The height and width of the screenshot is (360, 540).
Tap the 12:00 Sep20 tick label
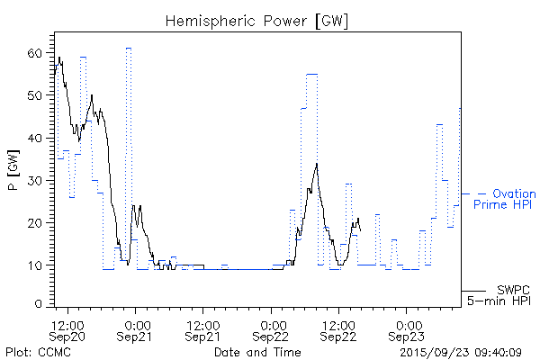pos(68,330)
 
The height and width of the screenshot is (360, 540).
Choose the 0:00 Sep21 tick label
pos(136,330)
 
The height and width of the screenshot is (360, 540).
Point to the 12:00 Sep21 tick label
pos(203,330)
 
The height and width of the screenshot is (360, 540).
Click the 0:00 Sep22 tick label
pos(271,330)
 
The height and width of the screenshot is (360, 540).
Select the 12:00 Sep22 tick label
pos(338,330)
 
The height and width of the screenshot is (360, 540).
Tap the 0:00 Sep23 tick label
pos(406,330)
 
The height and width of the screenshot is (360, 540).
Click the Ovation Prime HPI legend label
pos(505,200)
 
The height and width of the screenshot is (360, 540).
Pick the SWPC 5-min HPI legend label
pos(500,296)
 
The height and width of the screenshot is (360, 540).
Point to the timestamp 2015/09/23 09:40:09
pos(462,351)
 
